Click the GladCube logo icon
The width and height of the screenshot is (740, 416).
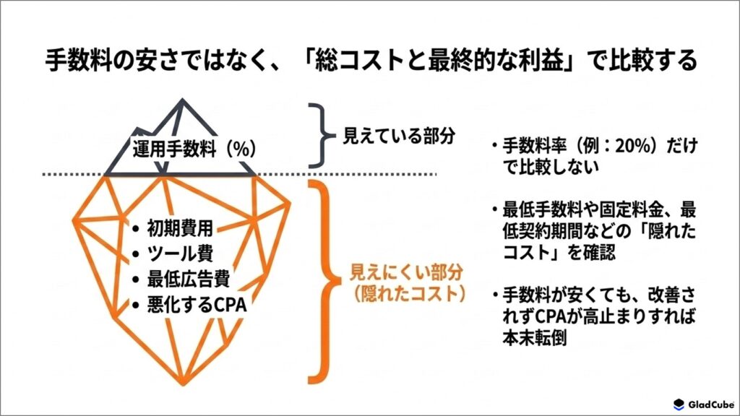(679, 404)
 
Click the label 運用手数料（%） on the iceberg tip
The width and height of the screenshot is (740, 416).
(195, 149)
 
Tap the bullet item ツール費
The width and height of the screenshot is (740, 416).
(180, 253)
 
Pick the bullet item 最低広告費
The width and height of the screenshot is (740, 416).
(189, 279)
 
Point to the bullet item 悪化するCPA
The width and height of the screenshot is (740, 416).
(197, 304)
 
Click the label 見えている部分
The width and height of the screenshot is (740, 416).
(399, 136)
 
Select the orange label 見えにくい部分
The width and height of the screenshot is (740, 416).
(406, 272)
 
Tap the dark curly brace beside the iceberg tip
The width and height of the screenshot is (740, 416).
(322, 135)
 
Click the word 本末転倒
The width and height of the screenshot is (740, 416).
(534, 338)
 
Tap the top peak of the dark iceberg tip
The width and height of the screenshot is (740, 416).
(183, 100)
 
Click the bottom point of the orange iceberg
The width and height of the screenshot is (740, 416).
(183, 383)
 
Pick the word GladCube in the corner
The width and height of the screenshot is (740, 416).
(711, 404)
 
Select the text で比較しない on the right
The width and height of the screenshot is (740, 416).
(551, 167)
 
